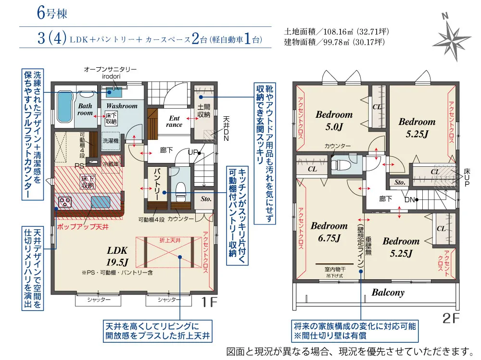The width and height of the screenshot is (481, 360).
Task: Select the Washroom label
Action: click(x=122, y=106)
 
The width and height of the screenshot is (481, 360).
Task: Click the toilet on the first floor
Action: click(x=180, y=191)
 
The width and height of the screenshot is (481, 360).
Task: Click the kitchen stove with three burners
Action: click(x=65, y=201)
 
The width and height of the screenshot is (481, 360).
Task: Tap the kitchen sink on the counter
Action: click(x=101, y=202)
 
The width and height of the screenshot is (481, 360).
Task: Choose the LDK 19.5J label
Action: click(x=117, y=256)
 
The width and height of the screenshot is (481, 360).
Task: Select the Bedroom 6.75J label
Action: click(x=329, y=232)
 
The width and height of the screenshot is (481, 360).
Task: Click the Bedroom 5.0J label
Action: click(x=334, y=120)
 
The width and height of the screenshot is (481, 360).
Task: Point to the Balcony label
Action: click(x=388, y=292)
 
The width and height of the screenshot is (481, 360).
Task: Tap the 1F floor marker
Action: click(x=209, y=302)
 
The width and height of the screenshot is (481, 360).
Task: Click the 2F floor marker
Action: click(x=451, y=318)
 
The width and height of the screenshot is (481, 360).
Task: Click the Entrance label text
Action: click(x=174, y=122)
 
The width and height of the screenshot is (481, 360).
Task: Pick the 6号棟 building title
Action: click(x=52, y=13)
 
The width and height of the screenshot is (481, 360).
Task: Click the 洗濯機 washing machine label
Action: click(x=111, y=141)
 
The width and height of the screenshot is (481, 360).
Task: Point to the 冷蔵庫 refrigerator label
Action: click(x=111, y=164)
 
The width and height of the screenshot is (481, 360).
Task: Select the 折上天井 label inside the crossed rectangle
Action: click(x=170, y=240)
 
